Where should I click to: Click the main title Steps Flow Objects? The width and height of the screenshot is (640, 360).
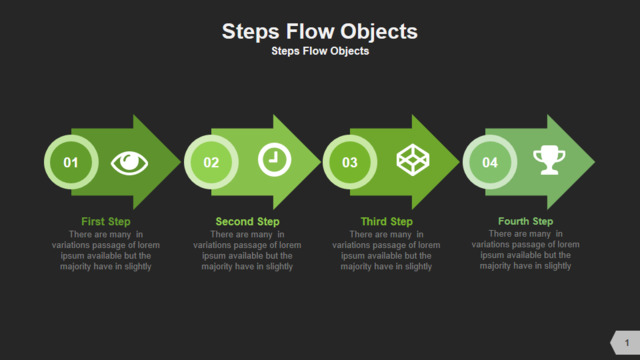click(x=320, y=31)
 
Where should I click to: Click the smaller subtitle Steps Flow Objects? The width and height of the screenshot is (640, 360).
click(x=320, y=51)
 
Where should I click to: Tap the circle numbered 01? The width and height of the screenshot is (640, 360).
click(x=71, y=162)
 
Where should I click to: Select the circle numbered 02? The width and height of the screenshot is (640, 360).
click(x=211, y=162)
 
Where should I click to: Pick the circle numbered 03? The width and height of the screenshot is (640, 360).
click(x=350, y=162)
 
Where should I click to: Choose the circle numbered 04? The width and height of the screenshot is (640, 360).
click(x=490, y=162)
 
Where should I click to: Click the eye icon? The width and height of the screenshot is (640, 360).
click(x=129, y=163)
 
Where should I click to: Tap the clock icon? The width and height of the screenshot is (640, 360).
click(x=275, y=160)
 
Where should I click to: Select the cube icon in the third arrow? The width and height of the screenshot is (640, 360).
click(x=413, y=160)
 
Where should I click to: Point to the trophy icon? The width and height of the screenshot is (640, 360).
click(x=549, y=160)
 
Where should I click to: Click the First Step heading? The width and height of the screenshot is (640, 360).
click(x=106, y=222)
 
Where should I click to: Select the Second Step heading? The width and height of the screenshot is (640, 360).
click(x=247, y=222)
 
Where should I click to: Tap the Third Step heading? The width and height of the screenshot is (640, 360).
click(x=387, y=222)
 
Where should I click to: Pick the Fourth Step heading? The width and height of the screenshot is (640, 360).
click(x=526, y=221)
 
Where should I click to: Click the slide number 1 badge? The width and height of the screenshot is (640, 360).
click(x=625, y=342)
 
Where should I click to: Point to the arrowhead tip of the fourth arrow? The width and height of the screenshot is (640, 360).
click(x=595, y=162)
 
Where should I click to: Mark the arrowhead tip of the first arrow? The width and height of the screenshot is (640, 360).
click(x=180, y=162)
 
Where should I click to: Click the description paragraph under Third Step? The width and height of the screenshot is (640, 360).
click(x=386, y=251)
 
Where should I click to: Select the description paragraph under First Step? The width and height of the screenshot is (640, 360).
click(x=106, y=251)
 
